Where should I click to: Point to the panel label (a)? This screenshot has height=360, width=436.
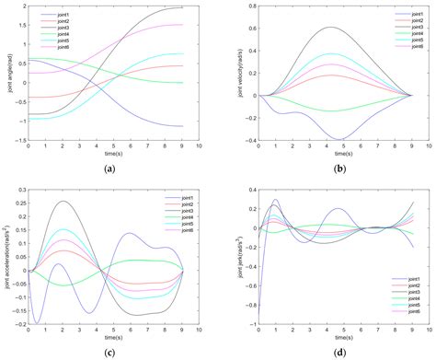[x=111, y=168]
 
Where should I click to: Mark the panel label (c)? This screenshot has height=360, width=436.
[x=111, y=352]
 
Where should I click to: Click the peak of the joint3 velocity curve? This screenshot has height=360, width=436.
[x=323, y=28]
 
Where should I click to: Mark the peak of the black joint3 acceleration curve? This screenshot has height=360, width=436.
[x=63, y=202]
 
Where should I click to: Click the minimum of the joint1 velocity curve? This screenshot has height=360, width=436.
[x=338, y=139]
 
